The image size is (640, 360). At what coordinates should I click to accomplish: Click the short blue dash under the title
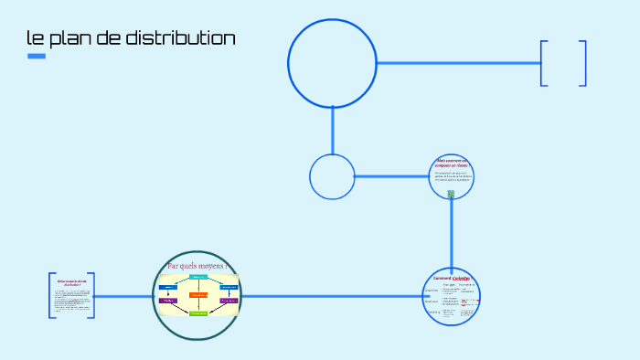[x=37, y=57]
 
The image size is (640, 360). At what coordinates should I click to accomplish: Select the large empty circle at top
[x=332, y=63]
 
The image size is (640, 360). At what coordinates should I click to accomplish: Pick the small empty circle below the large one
[x=332, y=176]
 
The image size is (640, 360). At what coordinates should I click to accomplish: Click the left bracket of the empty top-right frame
[x=544, y=63]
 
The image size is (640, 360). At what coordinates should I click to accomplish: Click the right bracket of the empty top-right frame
[x=582, y=63]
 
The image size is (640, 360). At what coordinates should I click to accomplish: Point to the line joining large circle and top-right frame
[x=457, y=63]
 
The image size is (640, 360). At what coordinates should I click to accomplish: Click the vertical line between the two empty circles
[x=332, y=131]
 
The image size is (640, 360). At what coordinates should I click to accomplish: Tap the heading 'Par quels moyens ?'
[x=197, y=266]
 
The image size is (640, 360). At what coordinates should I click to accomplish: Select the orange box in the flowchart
[x=198, y=295]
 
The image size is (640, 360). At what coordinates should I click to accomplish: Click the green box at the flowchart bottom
[x=198, y=313]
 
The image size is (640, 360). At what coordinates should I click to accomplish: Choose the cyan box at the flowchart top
[x=198, y=276]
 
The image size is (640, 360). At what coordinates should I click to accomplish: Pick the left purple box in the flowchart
[x=168, y=300]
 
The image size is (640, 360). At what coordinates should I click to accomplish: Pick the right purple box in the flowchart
[x=229, y=300]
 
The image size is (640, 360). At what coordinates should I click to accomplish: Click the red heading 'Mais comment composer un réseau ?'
[x=452, y=163]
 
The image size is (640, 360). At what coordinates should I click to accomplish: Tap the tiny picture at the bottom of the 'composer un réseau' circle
[x=451, y=193]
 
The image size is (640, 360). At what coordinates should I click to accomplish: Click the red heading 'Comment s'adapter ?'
[x=452, y=278]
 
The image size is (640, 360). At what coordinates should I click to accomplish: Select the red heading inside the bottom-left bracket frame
[x=70, y=283]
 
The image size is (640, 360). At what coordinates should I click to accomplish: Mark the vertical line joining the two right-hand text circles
[x=452, y=233]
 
